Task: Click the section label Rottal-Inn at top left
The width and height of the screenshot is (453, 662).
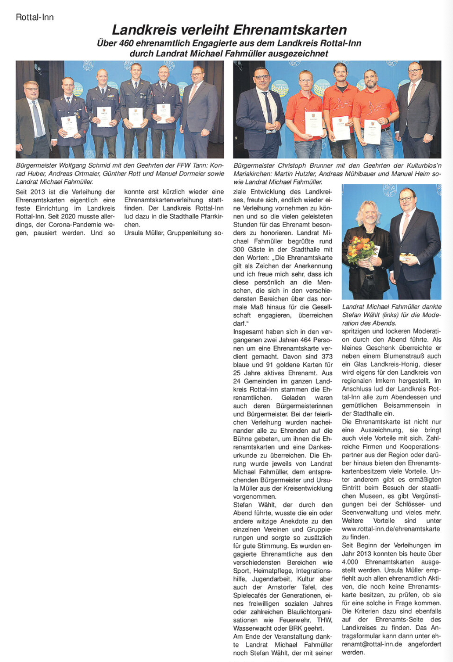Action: (35, 17)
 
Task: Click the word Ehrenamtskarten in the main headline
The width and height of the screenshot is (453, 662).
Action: (292, 29)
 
